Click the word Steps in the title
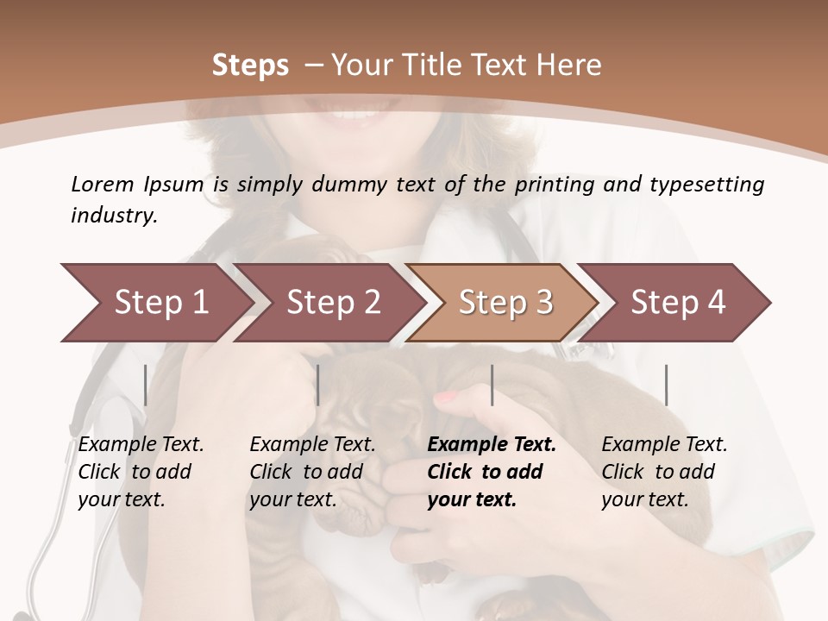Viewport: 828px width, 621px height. (250, 66)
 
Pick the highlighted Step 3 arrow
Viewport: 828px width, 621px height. (505, 303)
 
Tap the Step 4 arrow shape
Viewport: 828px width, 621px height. (678, 303)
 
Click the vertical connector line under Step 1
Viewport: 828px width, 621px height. (146, 385)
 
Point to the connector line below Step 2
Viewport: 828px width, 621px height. (318, 385)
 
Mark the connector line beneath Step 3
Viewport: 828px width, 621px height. (492, 385)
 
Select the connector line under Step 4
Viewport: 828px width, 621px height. (666, 385)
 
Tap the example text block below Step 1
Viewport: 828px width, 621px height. (141, 471)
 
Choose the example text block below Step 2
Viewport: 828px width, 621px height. (312, 471)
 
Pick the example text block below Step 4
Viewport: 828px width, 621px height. (664, 471)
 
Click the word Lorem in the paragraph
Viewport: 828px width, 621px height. (103, 184)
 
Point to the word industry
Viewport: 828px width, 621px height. (114, 215)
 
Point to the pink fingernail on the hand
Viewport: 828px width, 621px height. (446, 398)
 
